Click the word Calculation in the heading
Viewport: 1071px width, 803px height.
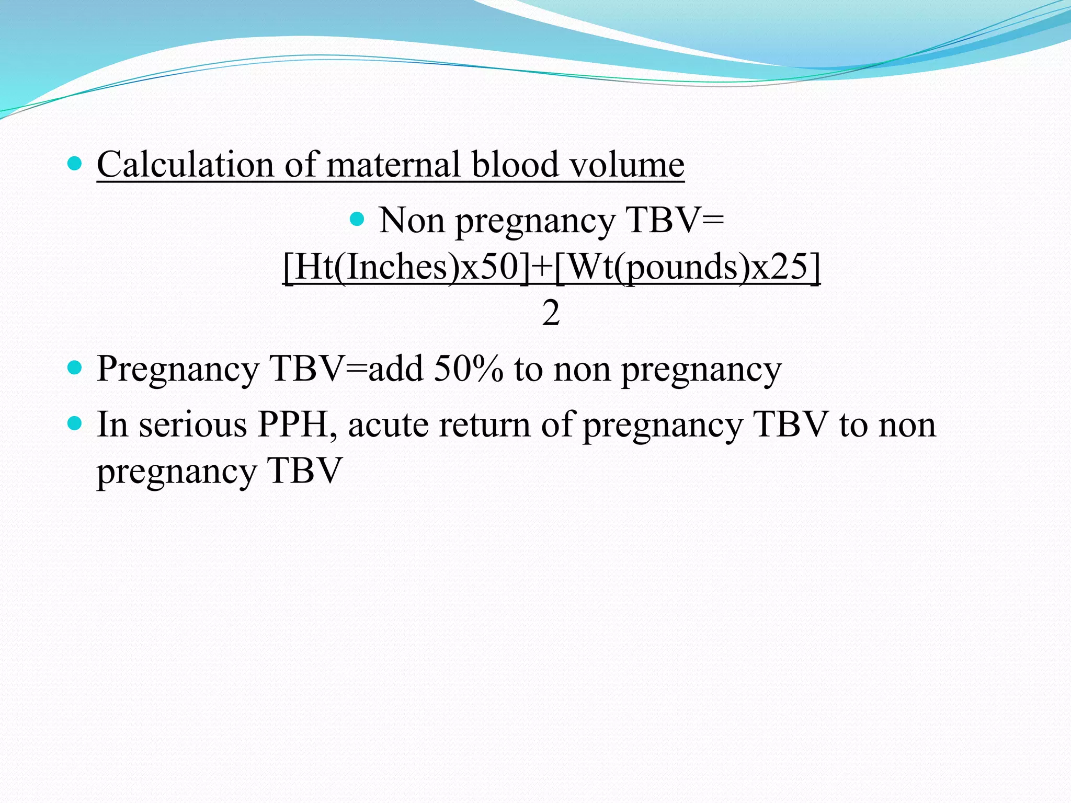click(185, 165)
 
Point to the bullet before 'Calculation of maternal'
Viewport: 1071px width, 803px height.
click(75, 164)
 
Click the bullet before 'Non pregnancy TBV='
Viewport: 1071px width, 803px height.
click(357, 219)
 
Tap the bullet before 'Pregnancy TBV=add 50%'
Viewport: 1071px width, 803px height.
click(75, 368)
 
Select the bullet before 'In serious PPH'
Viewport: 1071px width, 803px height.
click(75, 423)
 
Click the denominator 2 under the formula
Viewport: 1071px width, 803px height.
click(551, 313)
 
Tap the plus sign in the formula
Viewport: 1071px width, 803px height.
click(541, 267)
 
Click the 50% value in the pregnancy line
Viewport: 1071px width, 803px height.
click(469, 369)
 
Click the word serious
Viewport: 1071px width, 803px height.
click(192, 425)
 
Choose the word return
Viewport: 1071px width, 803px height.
click(484, 425)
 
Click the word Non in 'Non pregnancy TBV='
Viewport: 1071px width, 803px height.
click(412, 220)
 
